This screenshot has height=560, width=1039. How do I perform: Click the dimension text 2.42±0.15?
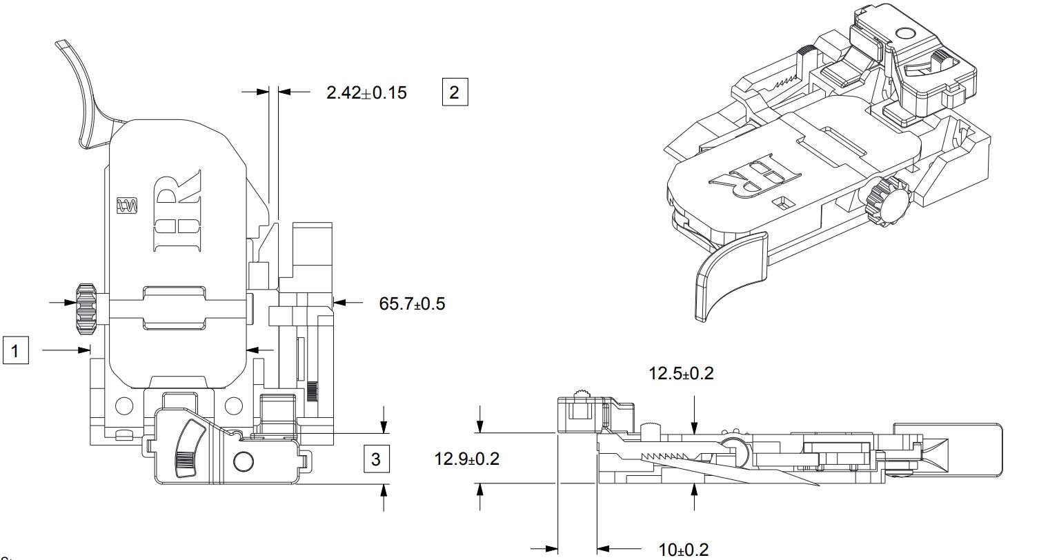coord(366,92)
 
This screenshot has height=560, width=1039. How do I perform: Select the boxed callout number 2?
coord(454,92)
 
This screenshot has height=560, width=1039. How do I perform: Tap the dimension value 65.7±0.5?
coord(412,303)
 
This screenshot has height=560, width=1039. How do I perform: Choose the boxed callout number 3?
coord(375,459)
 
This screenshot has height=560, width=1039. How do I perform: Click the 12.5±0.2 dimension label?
coord(681,374)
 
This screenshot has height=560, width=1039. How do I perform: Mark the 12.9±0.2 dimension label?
coord(466,459)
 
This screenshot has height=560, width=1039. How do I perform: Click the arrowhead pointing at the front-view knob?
coord(70,302)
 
